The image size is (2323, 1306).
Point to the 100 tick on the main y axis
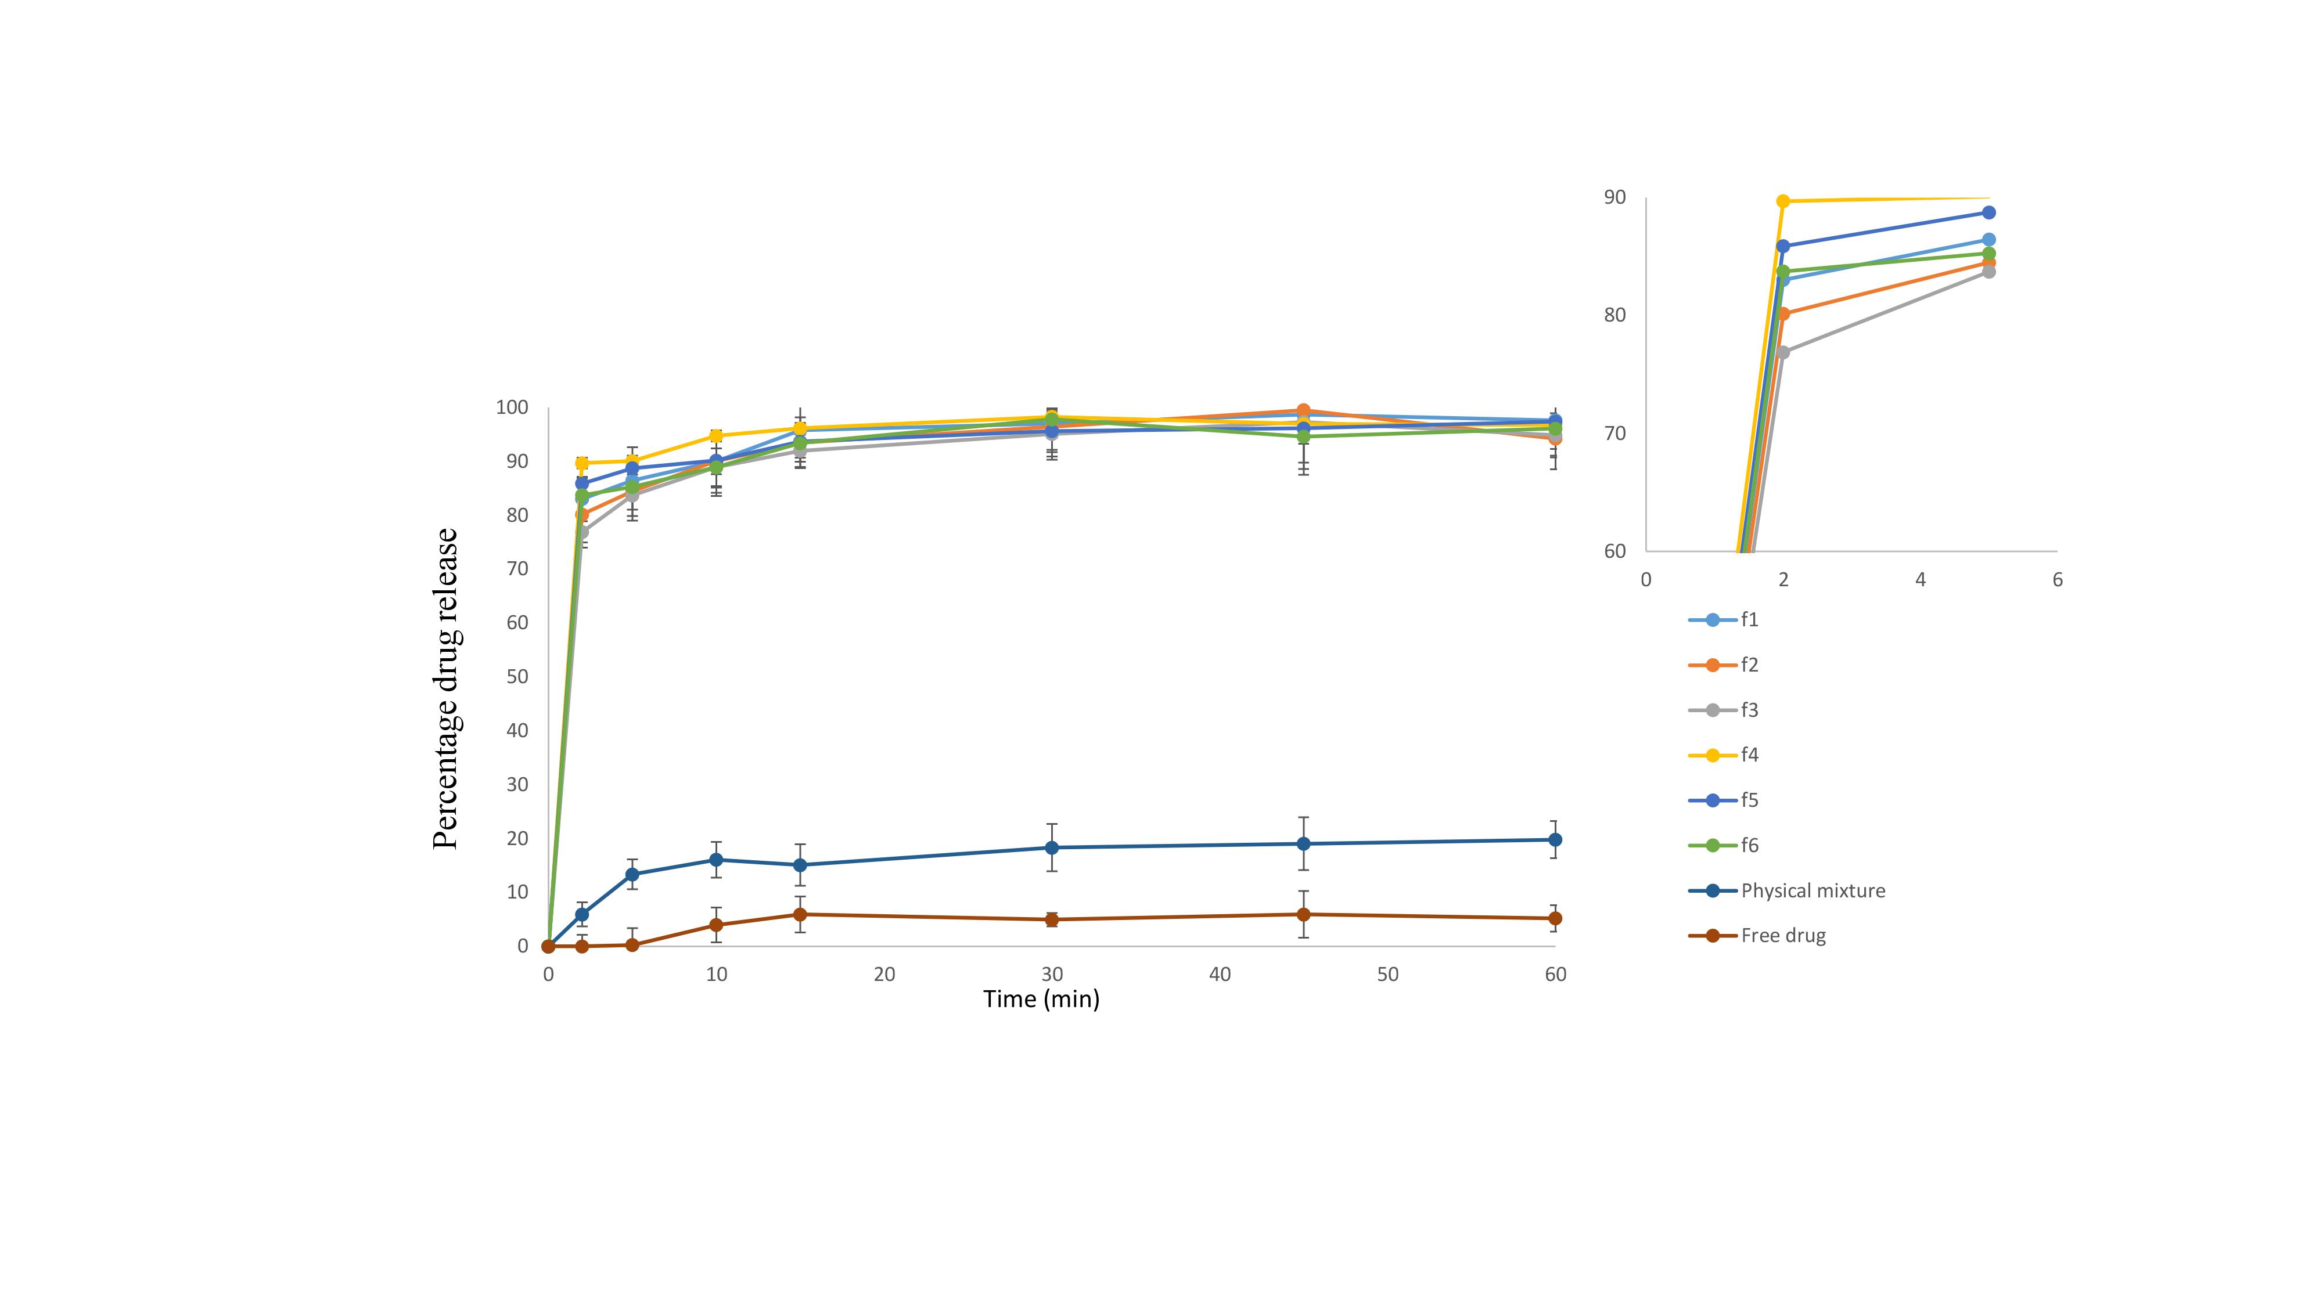click(x=511, y=407)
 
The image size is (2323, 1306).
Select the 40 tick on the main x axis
click(x=1219, y=975)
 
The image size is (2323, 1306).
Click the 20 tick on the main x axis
click(x=884, y=975)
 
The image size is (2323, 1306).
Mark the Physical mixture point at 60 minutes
click(x=1555, y=840)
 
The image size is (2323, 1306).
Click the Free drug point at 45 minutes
click(x=1303, y=915)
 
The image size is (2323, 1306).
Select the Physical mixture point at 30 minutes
click(x=1052, y=847)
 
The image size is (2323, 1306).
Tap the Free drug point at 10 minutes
click(x=716, y=925)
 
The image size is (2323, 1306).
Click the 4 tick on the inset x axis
click(x=1920, y=579)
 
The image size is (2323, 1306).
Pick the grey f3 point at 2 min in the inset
click(x=1783, y=352)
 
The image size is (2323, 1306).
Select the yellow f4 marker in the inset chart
click(x=1783, y=201)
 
